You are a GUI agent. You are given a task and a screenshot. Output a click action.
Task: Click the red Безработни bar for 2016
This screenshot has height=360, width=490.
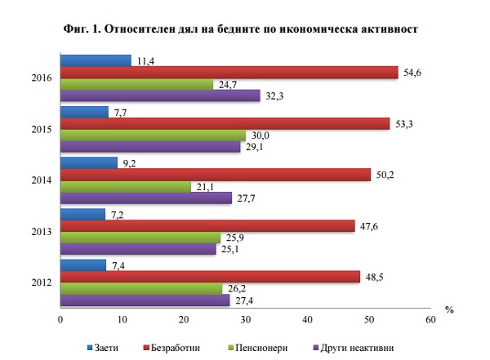point(229,73)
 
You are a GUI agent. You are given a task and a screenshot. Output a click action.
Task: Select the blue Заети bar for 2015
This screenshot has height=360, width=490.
point(84,112)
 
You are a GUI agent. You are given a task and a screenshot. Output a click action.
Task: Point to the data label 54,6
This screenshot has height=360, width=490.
point(412,73)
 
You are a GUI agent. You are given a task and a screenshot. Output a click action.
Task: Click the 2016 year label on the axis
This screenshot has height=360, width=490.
point(42,78)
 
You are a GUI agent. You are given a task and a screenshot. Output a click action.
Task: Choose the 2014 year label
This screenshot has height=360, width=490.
point(42,180)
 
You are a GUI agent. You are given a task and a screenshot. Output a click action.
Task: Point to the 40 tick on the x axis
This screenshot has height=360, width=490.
point(307,319)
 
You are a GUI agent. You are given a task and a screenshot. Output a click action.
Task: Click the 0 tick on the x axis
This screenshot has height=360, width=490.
point(60,319)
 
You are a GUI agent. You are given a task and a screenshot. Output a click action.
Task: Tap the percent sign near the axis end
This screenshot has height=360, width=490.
point(448,309)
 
